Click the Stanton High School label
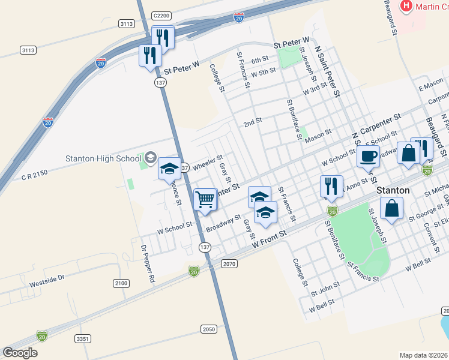[x=103, y=159]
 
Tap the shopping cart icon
[x=206, y=200]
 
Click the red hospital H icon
[x=406, y=7]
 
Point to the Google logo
[x=20, y=352]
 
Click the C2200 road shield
[x=162, y=16]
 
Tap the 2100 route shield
[x=121, y=283]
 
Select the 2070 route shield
[x=229, y=263]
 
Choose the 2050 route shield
[x=208, y=329]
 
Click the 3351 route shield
[x=83, y=339]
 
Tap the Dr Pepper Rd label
[x=147, y=263]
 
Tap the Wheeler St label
[x=207, y=162]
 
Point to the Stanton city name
[x=393, y=190]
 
